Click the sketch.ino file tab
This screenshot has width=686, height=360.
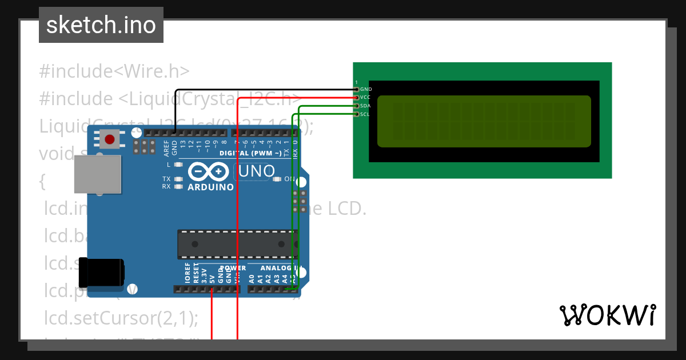101,25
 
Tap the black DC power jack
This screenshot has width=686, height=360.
101,273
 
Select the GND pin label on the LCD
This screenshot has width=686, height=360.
366,89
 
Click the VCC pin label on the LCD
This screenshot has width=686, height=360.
366,97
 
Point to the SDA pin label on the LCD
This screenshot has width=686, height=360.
366,106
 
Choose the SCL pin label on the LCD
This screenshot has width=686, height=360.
366,114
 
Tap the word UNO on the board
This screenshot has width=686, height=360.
257,171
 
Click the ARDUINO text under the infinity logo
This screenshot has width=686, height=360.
210,187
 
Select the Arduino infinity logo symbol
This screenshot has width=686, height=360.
209,171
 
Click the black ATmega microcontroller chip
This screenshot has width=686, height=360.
237,244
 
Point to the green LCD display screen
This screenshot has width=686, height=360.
484,121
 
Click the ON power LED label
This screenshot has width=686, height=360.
289,179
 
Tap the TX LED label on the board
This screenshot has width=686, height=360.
166,179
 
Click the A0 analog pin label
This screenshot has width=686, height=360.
252,279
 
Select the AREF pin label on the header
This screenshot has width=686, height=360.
167,148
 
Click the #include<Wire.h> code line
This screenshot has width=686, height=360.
114,71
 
